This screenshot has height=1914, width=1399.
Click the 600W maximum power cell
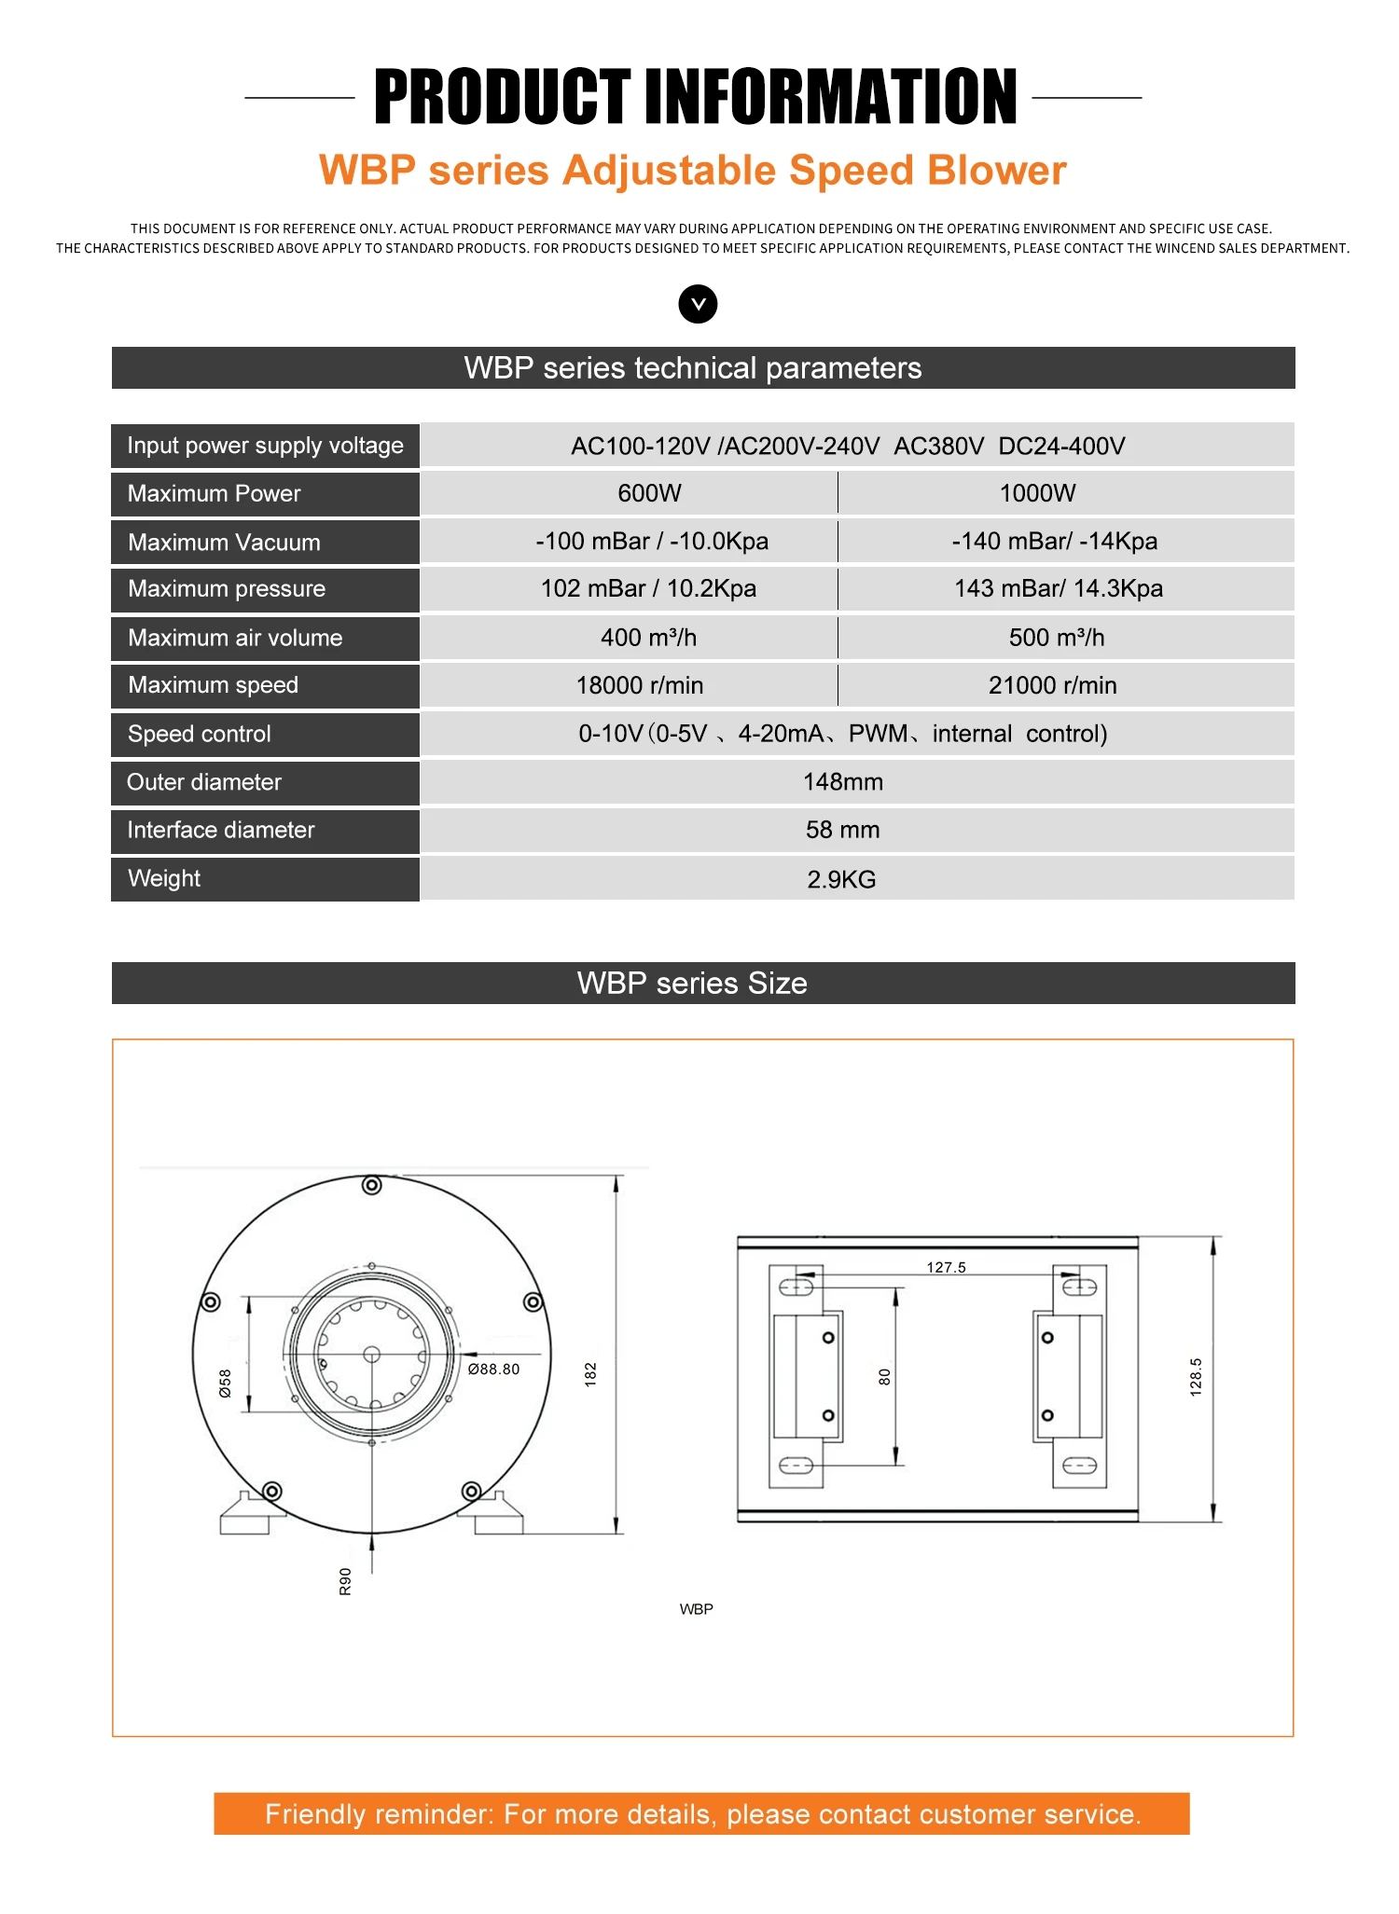tap(649, 493)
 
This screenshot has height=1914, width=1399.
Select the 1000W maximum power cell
tap(1037, 493)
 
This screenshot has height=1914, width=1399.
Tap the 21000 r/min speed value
tap(1052, 685)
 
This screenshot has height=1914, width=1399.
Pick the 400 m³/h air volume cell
tap(648, 638)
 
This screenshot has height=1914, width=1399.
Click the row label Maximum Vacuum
tap(224, 543)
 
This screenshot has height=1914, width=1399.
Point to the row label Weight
tap(164, 878)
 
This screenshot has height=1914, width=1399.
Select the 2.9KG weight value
tap(841, 879)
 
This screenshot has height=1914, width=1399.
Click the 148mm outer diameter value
tap(842, 782)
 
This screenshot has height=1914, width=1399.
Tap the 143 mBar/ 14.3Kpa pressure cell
tap(1058, 589)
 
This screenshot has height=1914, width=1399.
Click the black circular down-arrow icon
tap(698, 304)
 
